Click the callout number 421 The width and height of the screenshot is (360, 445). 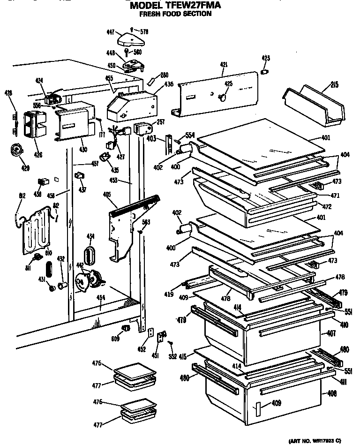click(x=223, y=65)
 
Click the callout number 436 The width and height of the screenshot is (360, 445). click(x=168, y=84)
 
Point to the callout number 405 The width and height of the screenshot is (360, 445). click(x=106, y=193)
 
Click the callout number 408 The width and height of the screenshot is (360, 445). click(x=332, y=393)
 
